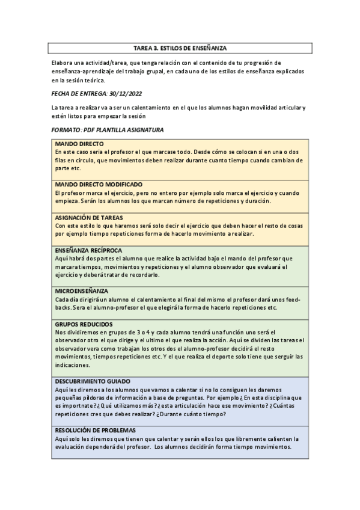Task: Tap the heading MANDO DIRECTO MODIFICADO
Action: click(99, 184)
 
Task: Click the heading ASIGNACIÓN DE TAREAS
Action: click(90, 217)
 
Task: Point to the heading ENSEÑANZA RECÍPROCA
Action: click(89, 250)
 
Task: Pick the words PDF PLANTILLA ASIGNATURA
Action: click(125, 130)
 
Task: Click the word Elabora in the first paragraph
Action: click(62, 63)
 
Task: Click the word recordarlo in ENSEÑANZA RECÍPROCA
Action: click(143, 275)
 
